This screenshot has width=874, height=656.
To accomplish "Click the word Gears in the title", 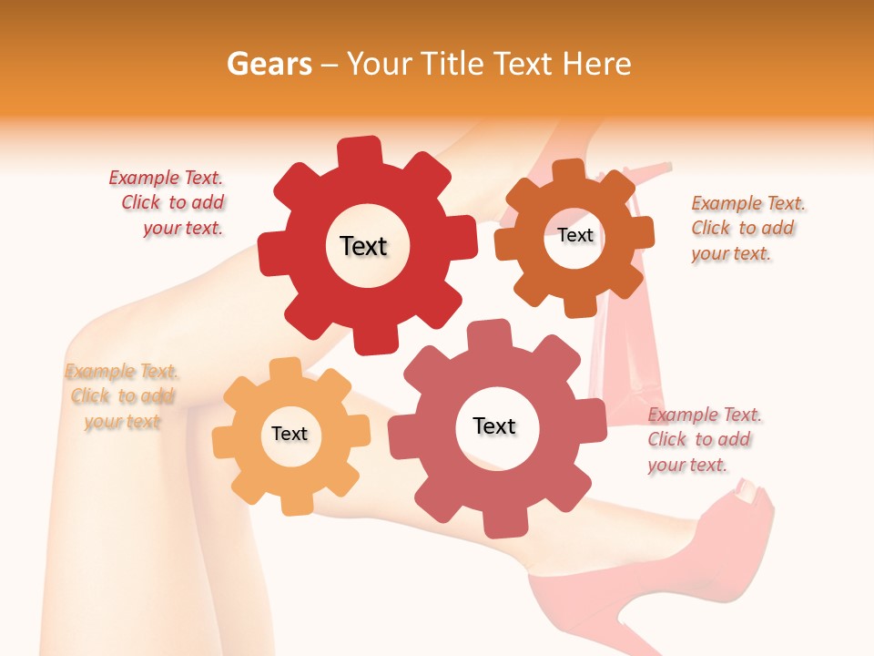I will click(x=269, y=64).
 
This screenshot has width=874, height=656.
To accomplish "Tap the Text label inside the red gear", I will click(x=363, y=246).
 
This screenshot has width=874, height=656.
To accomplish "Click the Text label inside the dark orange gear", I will click(x=575, y=235).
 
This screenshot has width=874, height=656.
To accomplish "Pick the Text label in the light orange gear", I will click(x=290, y=434).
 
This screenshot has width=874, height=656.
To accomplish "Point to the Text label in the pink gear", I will click(x=494, y=425).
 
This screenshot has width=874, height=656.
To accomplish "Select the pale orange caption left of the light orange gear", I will click(x=121, y=396).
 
